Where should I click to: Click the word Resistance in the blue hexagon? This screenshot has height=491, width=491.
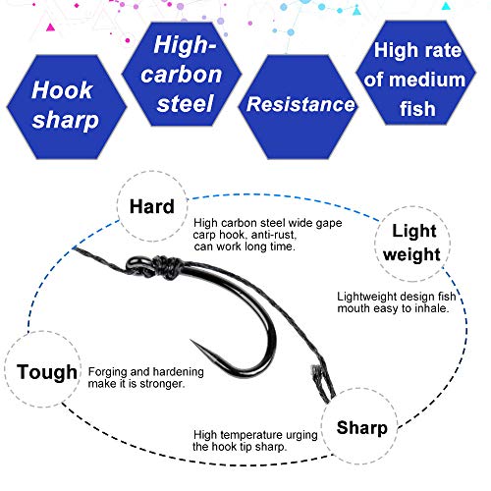pos(300,104)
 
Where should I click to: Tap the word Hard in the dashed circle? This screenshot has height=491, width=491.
pos(152,207)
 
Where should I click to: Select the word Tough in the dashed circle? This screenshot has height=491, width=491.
pos(47,372)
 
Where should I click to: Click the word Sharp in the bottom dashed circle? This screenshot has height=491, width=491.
pos(362,428)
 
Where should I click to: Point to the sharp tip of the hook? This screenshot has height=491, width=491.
pos(191,341)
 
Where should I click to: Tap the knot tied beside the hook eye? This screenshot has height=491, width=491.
pos(168,266)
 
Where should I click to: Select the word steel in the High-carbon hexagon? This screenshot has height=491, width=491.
pos(185,103)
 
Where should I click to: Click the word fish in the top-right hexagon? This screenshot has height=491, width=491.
pos(417,109)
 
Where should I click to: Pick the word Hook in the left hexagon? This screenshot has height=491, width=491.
pos(62,90)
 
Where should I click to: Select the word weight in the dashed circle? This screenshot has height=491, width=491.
pos(411,254)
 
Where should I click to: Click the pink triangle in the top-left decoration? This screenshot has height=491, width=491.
pos(50,27)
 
